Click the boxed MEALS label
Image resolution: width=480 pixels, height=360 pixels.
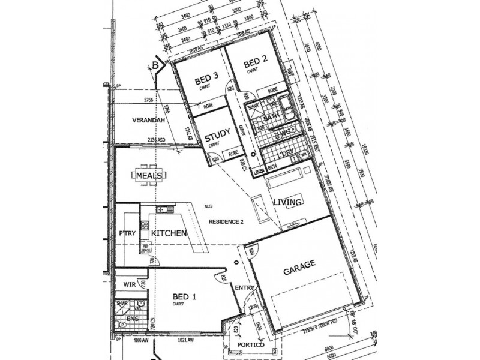point(150,175)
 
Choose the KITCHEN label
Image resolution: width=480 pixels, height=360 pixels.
point(168,233)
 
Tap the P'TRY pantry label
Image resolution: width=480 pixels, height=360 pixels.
point(127,233)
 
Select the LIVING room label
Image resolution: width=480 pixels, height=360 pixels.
point(287,202)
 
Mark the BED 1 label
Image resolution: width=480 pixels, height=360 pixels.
point(185,297)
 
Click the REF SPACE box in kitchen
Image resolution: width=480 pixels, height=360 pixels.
point(145,246)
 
